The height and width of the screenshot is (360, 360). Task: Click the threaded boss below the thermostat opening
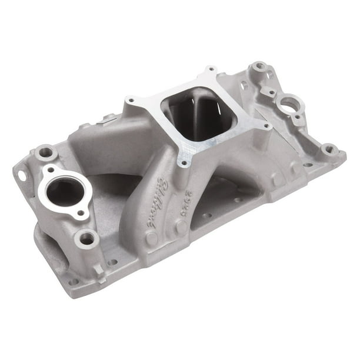(86, 238)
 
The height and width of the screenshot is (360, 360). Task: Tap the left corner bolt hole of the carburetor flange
(129, 101)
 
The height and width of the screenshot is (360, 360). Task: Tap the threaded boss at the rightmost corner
(329, 149)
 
